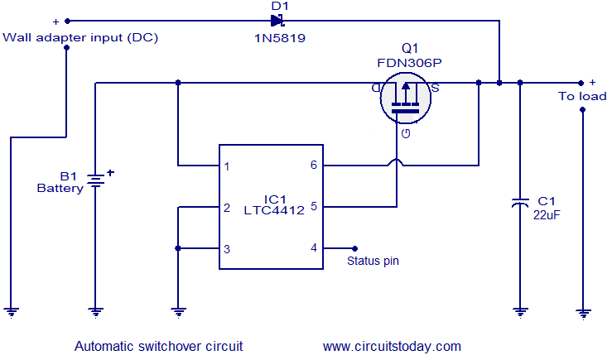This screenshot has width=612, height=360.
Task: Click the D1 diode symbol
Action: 277,20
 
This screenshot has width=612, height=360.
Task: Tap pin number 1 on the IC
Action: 227,166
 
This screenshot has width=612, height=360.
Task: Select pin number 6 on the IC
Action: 313,166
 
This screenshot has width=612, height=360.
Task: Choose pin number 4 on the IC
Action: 313,247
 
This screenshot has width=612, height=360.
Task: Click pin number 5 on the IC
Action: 313,207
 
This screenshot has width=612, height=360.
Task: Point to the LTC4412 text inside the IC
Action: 273,210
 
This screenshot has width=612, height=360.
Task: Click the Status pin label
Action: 373,261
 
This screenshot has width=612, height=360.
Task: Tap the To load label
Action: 581,96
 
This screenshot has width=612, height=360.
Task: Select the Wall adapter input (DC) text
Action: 80,37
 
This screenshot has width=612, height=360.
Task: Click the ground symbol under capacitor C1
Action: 519,312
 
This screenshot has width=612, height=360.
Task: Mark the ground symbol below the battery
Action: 96,312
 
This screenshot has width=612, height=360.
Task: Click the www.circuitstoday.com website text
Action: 392,346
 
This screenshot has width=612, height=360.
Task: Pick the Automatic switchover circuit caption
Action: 158,346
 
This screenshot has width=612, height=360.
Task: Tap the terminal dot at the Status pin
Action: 355,247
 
